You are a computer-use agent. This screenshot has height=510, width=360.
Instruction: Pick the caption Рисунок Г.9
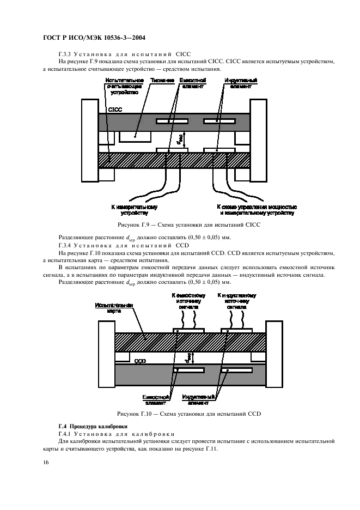coord(189,225)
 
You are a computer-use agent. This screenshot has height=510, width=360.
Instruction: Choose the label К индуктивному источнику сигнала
coord(236,301)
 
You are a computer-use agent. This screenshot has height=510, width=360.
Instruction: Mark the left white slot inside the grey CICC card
coord(173,120)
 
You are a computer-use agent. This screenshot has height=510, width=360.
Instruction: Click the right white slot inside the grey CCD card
coord(236,371)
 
